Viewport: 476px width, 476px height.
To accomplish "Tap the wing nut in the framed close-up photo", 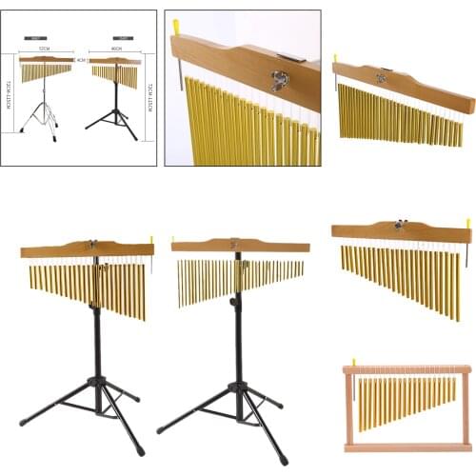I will [x=280, y=82].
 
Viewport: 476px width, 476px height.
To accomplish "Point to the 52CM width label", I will [x=45, y=48].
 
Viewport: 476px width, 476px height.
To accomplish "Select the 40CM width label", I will [x=116, y=48].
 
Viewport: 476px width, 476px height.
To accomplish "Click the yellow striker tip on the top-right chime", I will [x=334, y=59].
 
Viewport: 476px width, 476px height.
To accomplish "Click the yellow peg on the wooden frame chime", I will [x=354, y=361].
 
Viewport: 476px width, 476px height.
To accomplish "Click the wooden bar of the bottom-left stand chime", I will [x=86, y=249].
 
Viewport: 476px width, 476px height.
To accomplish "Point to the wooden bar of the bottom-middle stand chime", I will [x=240, y=246].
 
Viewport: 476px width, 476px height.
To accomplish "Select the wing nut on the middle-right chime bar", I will [x=401, y=227].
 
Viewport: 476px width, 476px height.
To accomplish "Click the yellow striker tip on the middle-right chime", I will [x=467, y=224].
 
